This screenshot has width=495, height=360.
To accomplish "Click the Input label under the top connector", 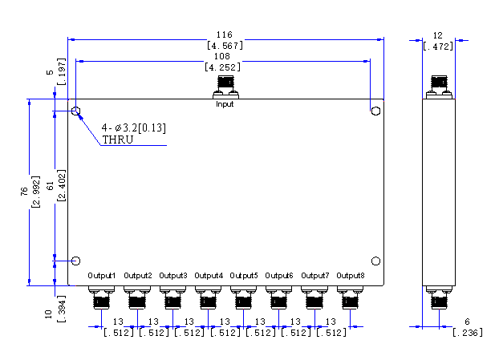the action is [225, 103].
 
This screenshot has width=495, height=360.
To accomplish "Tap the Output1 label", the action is [102, 276].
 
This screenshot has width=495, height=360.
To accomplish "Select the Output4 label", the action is [209, 276].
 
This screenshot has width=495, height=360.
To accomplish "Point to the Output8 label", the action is [351, 276].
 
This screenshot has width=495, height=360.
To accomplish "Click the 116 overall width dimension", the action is [224, 34].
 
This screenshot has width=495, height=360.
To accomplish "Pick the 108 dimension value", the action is [222, 56].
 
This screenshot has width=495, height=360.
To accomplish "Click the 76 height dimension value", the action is [24, 191].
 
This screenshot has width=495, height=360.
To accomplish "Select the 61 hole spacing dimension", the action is [51, 186].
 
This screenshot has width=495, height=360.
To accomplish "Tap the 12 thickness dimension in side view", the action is [437, 35].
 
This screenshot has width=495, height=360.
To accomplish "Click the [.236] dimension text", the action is [468, 333].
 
